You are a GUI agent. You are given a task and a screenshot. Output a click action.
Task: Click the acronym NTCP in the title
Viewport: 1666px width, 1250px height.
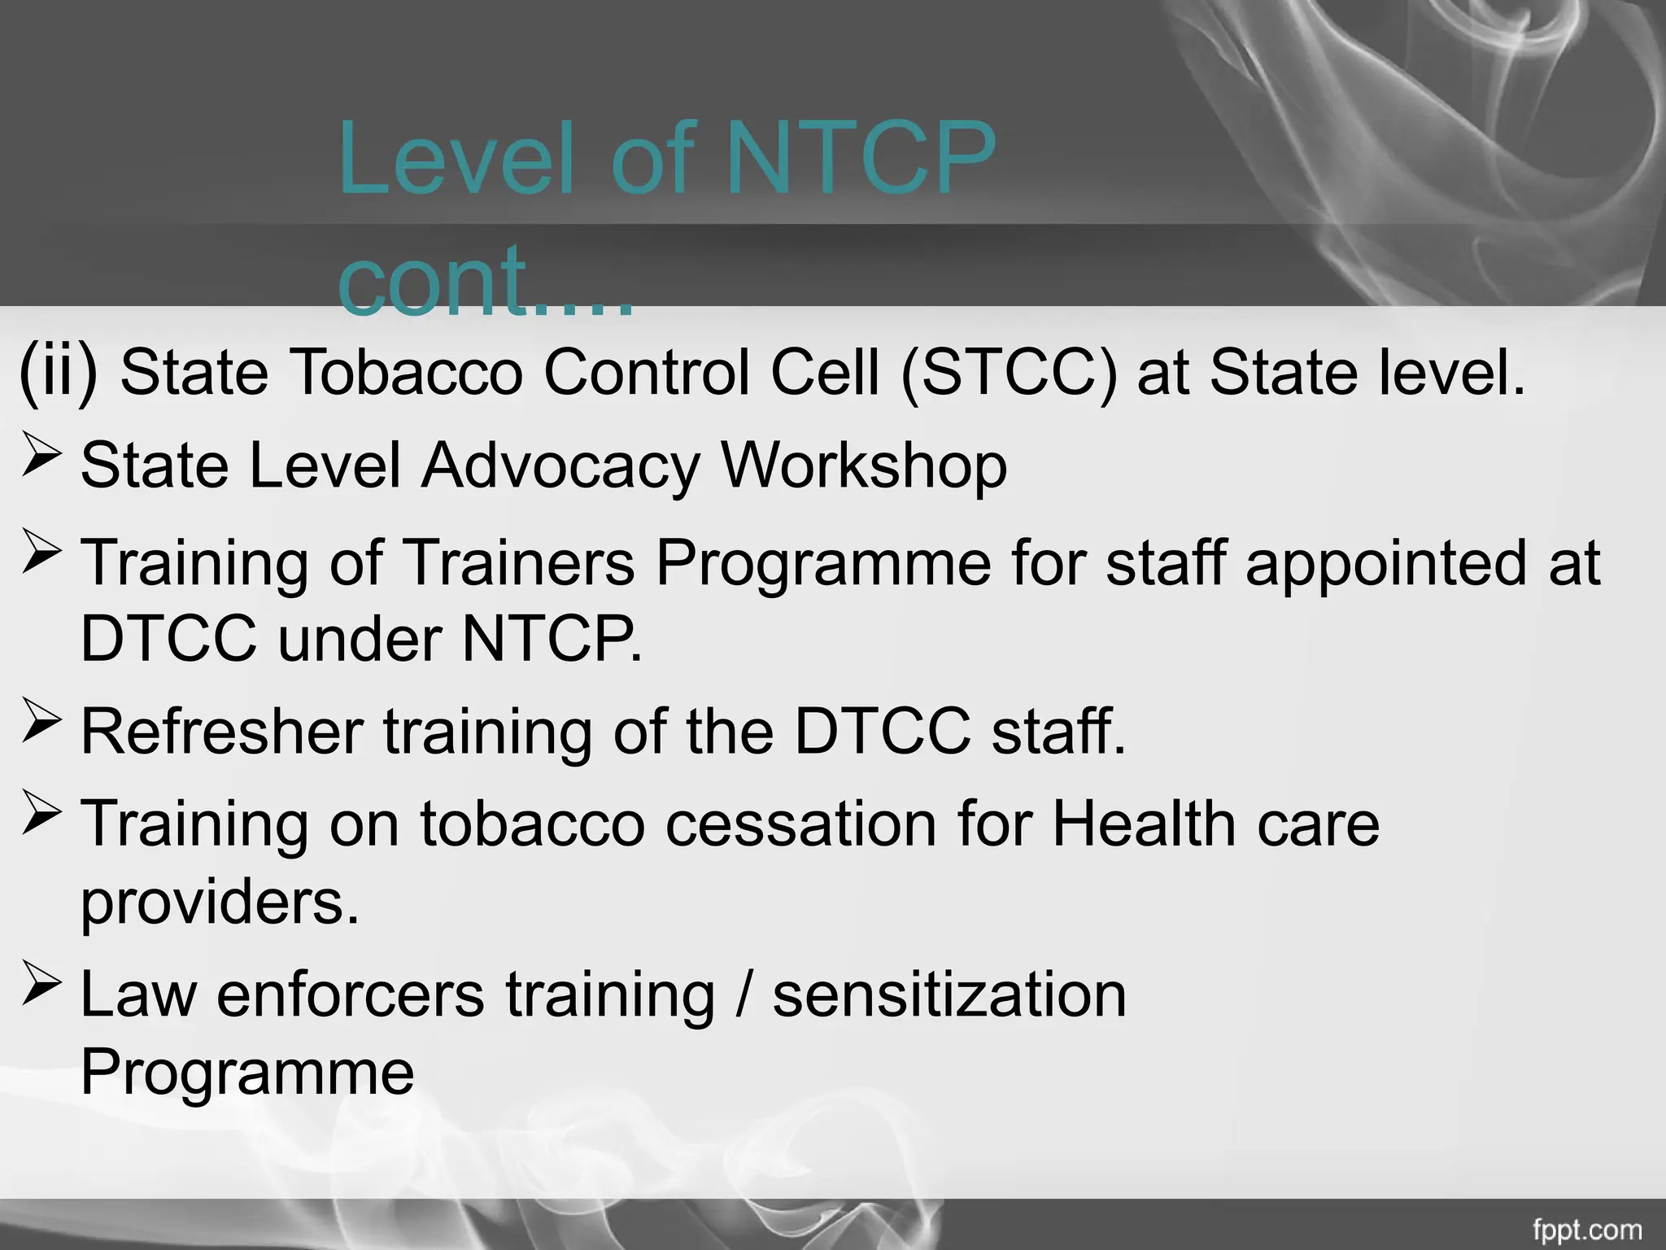click(860, 160)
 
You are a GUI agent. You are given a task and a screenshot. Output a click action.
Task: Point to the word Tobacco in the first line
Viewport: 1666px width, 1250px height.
click(405, 373)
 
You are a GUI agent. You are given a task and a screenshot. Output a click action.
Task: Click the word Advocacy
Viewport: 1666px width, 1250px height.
click(560, 466)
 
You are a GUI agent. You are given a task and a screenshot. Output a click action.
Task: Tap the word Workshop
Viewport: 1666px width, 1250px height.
click(864, 466)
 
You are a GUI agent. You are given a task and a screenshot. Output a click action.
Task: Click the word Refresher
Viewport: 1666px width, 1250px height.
click(222, 731)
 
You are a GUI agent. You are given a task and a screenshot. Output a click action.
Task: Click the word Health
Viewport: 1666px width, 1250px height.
click(1145, 824)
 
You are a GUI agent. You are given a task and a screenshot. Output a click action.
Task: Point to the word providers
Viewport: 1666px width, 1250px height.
click(220, 903)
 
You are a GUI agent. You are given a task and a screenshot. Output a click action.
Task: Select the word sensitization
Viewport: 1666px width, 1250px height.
click(949, 994)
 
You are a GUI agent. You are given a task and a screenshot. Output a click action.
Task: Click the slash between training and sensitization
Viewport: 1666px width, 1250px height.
click(742, 994)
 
